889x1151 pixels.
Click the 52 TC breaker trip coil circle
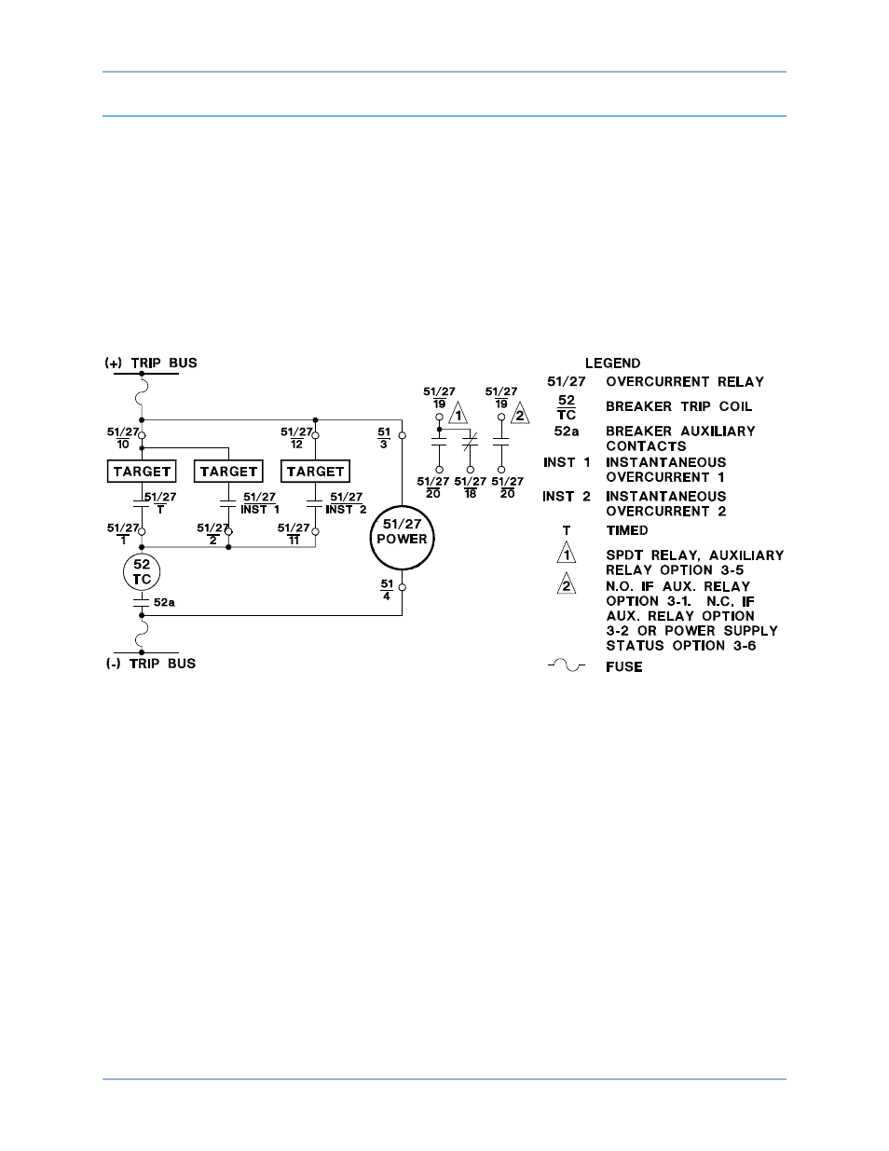(142, 572)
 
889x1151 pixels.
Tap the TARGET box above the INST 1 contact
(228, 472)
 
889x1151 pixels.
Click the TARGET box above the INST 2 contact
(315, 472)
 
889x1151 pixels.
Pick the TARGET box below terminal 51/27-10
(142, 472)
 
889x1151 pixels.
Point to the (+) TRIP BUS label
(151, 363)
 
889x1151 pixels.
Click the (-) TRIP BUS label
(151, 664)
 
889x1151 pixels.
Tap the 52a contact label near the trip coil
(164, 603)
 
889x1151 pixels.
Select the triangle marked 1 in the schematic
(458, 414)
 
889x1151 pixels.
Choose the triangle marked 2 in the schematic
(519, 414)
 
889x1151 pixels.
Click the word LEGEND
(612, 363)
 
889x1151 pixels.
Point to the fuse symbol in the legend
(566, 666)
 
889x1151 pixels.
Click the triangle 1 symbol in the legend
(566, 555)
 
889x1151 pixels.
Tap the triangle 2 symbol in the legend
(566, 585)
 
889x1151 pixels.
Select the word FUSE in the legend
(623, 667)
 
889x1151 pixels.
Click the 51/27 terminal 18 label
(471, 487)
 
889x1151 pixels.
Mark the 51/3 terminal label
(384, 438)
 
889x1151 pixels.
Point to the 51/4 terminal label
(387, 590)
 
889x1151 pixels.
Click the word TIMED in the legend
(626, 530)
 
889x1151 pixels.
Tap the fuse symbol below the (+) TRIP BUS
(142, 398)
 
